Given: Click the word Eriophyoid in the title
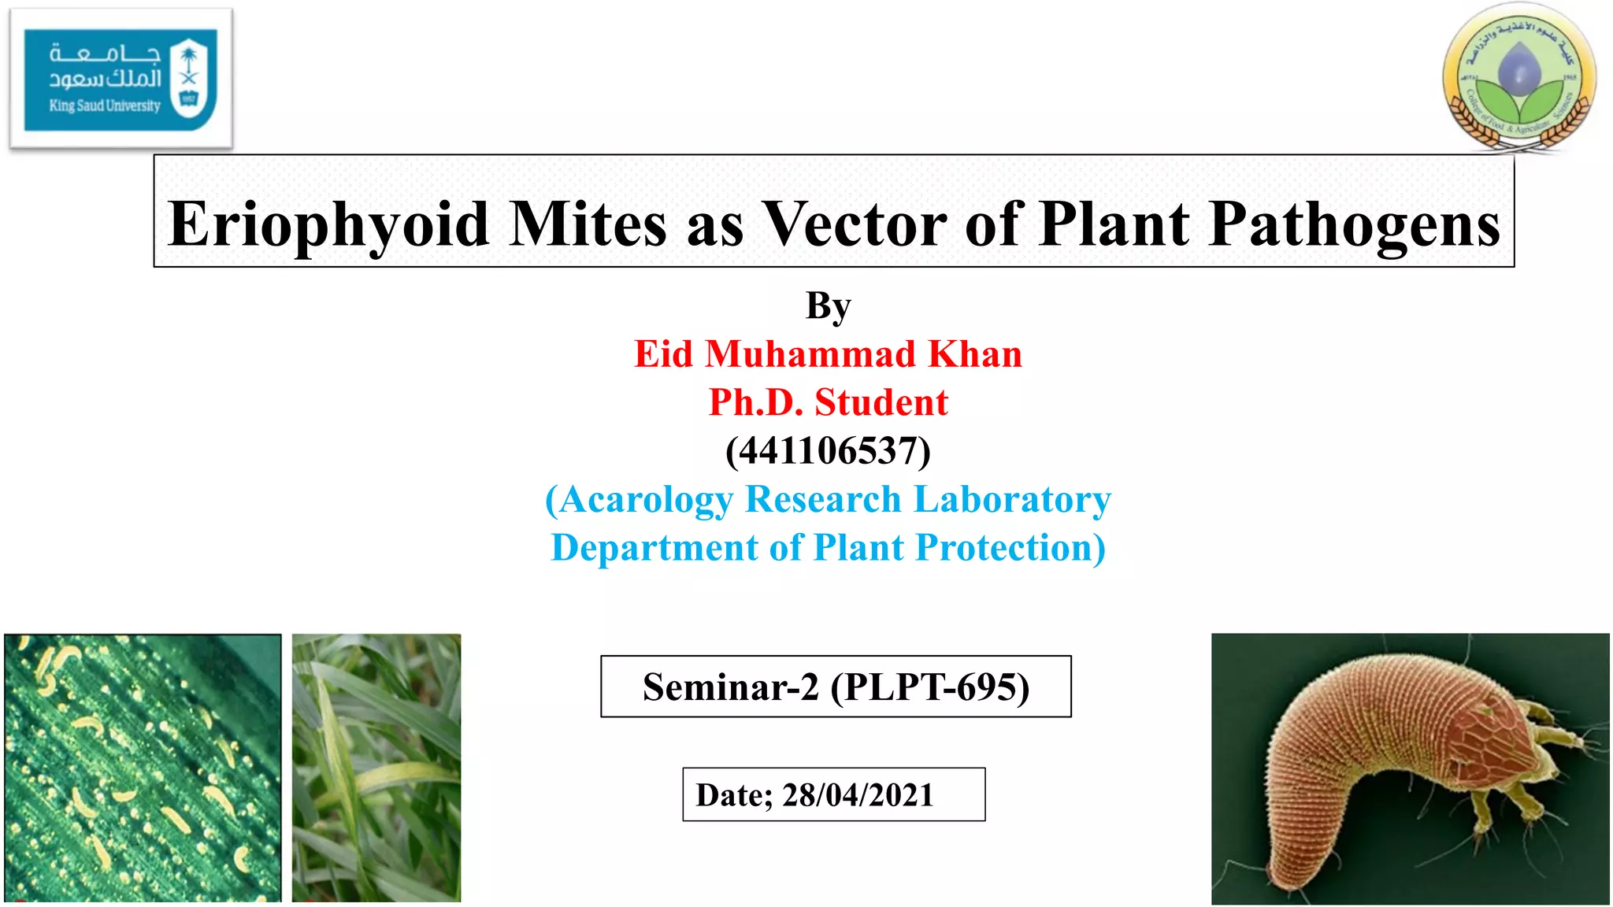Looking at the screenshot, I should point(328,224).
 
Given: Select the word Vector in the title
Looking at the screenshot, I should point(855,224).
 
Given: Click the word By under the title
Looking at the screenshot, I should point(828,306).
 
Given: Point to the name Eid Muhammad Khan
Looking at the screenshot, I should point(828,354).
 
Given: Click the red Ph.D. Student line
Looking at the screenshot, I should point(828,402).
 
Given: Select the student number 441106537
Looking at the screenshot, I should point(828,451).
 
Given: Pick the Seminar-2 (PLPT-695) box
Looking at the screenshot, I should point(836,687).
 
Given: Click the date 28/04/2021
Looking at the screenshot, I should point(857,795).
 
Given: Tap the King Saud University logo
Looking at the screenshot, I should point(121,79).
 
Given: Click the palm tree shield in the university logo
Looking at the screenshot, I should point(189,79).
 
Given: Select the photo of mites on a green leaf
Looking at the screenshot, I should point(143,768).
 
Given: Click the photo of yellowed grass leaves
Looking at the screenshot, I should point(376,768).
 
